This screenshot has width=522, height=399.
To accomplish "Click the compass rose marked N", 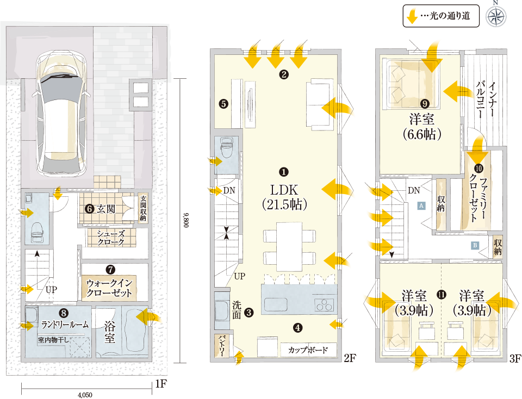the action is click(496, 16).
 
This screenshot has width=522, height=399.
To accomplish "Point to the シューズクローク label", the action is click(110, 238).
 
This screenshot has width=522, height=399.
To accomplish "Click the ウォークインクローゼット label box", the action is click(109, 288).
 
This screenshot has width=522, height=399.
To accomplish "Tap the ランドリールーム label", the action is click(65, 324).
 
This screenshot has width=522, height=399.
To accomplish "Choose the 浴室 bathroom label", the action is click(110, 332).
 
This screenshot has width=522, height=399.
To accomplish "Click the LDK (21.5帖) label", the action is click(284, 197).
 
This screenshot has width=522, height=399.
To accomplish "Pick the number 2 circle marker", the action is click(284, 74).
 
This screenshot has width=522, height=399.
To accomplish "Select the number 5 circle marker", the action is click(223, 103).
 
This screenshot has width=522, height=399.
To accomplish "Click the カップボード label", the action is click(308, 350).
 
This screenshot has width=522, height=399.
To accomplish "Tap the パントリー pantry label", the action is click(222, 346).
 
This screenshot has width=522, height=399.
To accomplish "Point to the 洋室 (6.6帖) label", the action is click(422, 127).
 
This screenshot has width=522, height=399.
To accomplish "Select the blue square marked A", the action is click(421, 205).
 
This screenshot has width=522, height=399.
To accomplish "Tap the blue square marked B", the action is click(475, 245).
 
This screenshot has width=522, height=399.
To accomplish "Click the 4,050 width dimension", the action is click(85, 395).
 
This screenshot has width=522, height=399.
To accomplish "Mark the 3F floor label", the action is click(515, 358).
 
